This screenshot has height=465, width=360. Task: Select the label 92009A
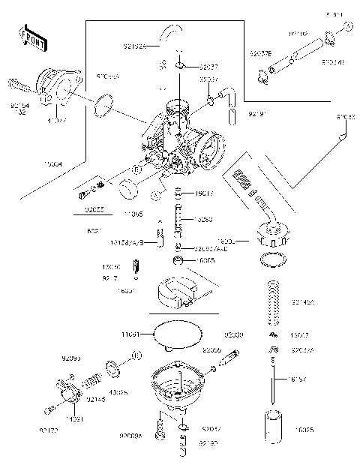pyautogui.click(x=130, y=436)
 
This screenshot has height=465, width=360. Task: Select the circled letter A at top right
pyautogui.click(x=348, y=27)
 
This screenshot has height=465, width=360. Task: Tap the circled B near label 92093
pyautogui.click(x=137, y=354)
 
